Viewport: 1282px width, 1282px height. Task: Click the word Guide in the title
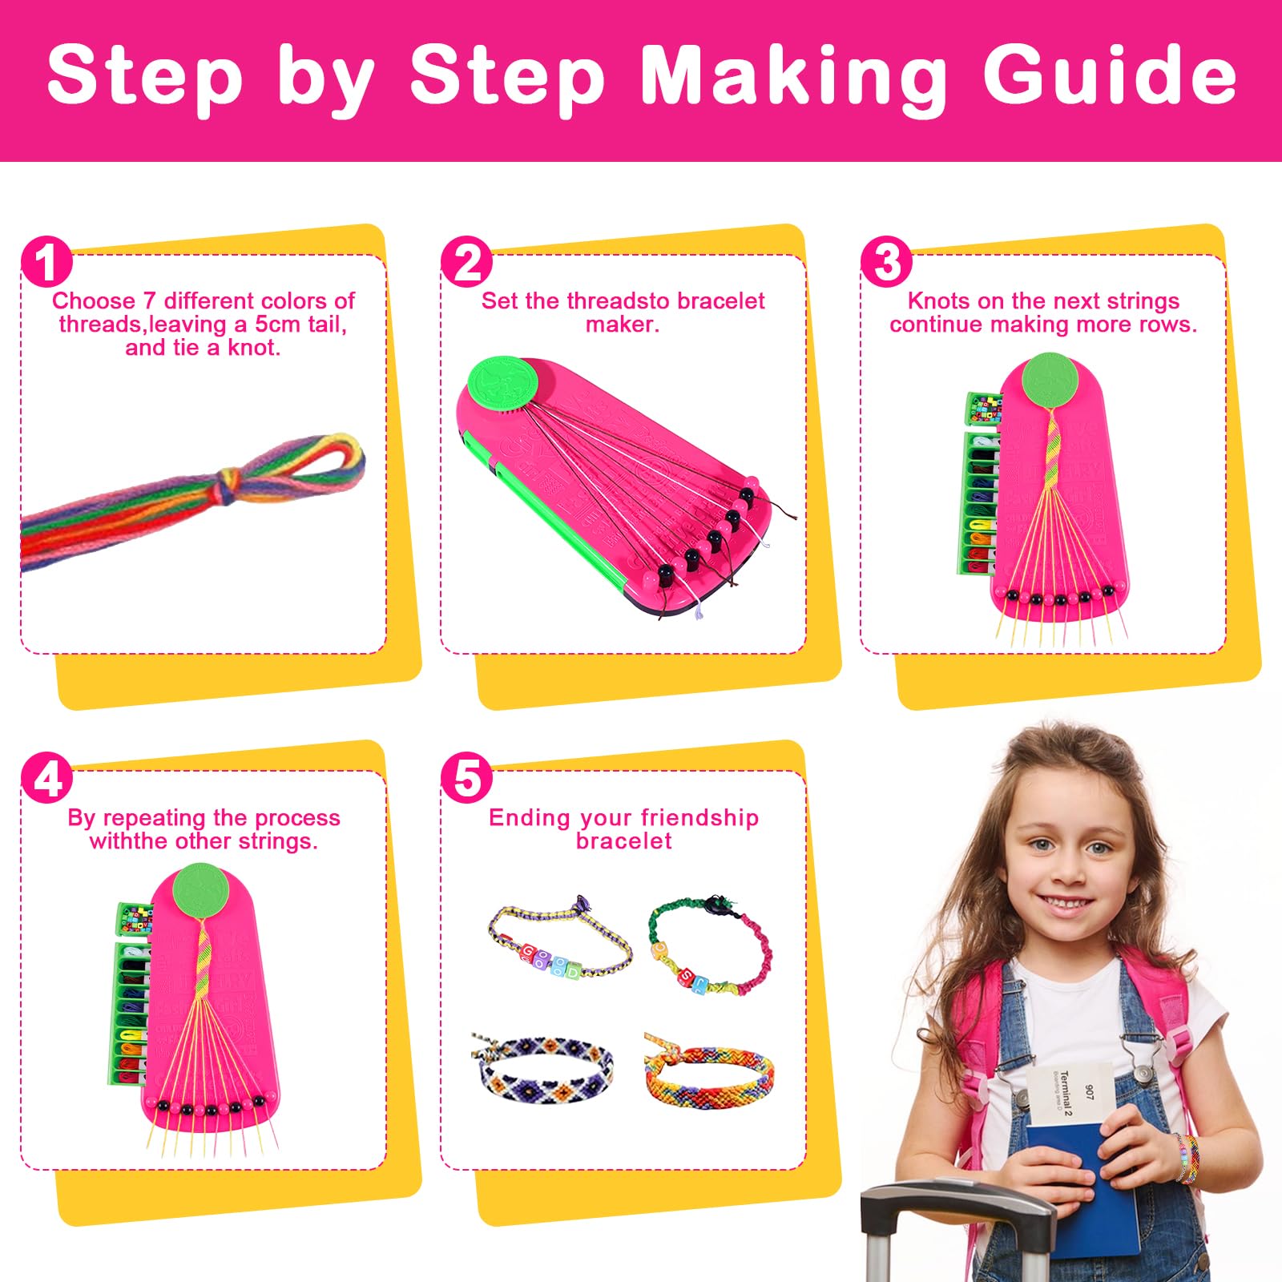[1110, 76]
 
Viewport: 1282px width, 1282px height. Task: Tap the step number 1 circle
[46, 262]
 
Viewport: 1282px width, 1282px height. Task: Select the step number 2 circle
[466, 262]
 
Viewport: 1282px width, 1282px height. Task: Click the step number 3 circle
[886, 262]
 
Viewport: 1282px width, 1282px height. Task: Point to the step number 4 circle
[46, 778]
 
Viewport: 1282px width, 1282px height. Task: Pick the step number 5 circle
[466, 778]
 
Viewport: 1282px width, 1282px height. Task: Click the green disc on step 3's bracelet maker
[1048, 379]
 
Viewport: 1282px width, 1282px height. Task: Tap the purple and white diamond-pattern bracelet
[545, 1066]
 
